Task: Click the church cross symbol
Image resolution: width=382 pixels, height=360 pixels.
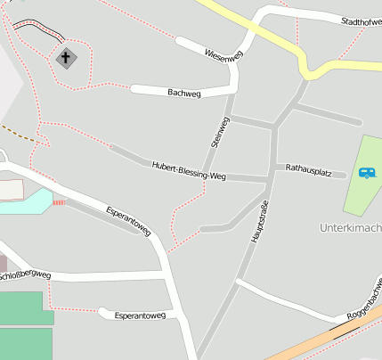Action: click(x=66, y=58)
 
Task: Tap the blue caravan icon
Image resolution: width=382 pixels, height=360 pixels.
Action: click(x=367, y=172)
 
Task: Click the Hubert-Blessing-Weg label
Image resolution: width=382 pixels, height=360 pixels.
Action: click(x=189, y=171)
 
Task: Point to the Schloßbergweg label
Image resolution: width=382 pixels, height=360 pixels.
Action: click(x=25, y=275)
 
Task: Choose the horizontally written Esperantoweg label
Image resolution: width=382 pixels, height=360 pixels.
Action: click(x=140, y=315)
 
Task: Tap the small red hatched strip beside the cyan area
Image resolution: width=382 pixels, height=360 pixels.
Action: click(x=60, y=202)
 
